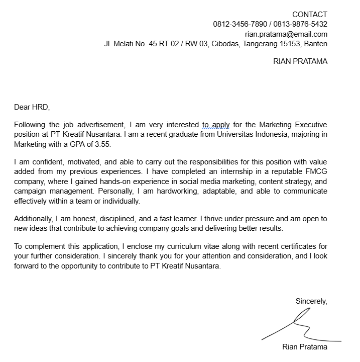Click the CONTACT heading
[309, 15]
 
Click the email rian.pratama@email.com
[286, 34]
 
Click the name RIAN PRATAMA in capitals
[300, 61]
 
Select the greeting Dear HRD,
[32, 107]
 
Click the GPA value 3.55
[101, 144]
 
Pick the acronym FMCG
[317, 171]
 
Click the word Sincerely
[311, 301]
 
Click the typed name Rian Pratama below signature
[305, 347]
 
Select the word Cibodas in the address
[223, 44]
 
